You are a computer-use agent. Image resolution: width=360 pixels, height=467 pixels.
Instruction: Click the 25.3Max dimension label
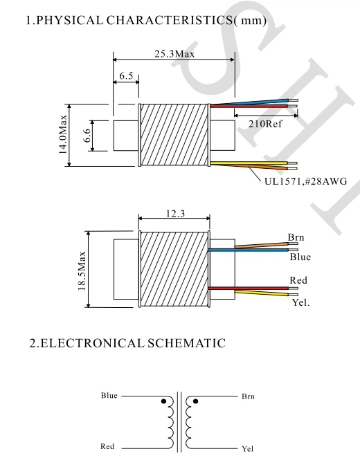(174, 54)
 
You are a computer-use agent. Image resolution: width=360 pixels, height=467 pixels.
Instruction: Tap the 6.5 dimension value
(126, 76)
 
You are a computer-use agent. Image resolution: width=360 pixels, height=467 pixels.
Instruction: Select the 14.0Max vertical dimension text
(63, 135)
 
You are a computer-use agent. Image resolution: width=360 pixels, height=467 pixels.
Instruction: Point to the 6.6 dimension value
(87, 136)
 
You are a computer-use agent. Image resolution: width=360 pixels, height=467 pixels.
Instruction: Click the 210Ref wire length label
(265, 124)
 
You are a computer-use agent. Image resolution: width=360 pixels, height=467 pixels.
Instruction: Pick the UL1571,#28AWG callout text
(306, 181)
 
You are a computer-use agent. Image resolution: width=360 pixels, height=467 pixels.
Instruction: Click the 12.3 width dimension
(176, 214)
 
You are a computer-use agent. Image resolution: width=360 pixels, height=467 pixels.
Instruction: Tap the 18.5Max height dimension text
(82, 271)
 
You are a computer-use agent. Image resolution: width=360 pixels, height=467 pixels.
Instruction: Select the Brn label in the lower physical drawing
(296, 237)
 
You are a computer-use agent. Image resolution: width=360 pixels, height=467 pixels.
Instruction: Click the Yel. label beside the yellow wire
(300, 302)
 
